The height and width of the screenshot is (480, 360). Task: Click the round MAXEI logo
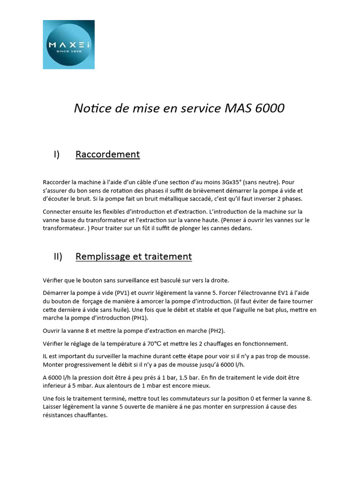tap(68, 45)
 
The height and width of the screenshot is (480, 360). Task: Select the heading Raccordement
tap(107, 154)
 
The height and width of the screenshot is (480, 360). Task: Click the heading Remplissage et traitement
tap(134, 256)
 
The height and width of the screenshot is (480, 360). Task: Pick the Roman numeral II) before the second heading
tap(58, 256)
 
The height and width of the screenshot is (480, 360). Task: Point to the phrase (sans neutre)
tap(258, 182)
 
